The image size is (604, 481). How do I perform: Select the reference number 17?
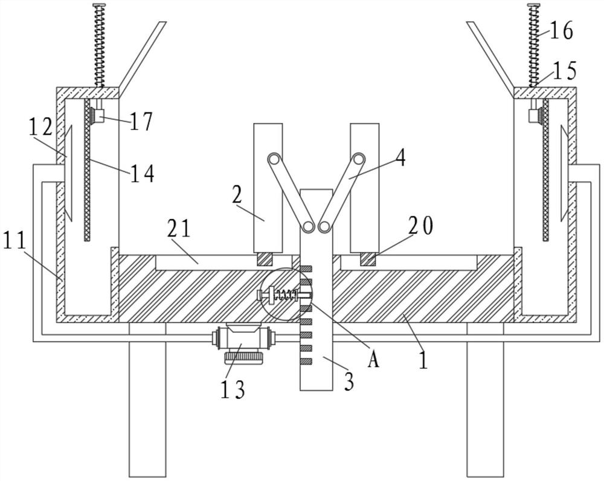tap(140, 121)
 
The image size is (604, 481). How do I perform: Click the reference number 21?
tap(179, 230)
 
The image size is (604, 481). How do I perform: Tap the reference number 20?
tap(420, 226)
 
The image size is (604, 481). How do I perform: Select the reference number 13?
tap(232, 389)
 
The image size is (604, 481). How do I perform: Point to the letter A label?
tap(374, 360)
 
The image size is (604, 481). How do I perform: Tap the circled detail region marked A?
tap(286, 295)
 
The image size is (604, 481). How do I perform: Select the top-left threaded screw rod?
tap(98, 45)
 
